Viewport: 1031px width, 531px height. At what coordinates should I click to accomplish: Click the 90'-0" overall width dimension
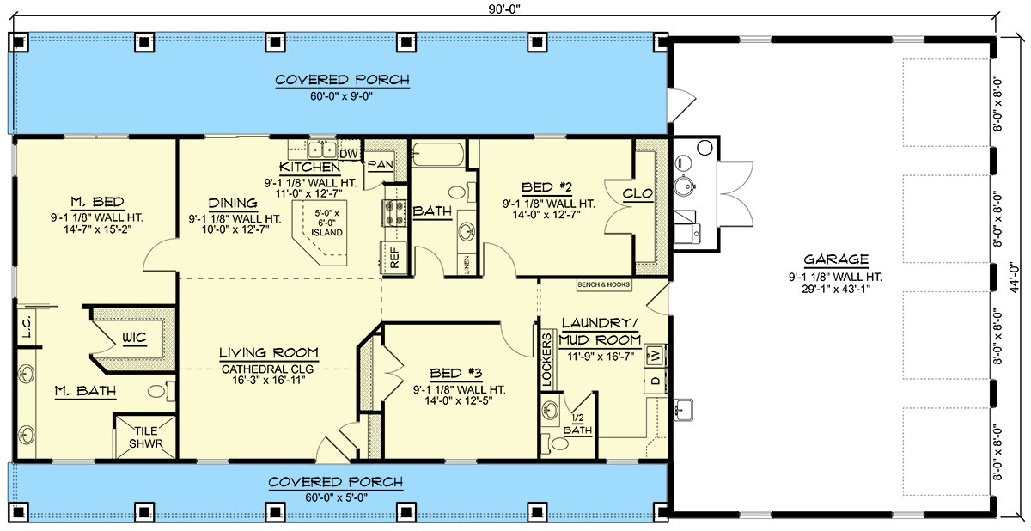point(508,8)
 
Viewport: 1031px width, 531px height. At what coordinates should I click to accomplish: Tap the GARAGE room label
point(836,259)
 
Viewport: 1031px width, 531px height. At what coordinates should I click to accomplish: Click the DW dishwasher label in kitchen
point(348,153)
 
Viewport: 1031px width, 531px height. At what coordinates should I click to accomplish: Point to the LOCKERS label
point(546,357)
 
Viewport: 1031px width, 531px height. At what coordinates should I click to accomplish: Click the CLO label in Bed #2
point(638,194)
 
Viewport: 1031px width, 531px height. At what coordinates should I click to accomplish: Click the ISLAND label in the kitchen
point(326,232)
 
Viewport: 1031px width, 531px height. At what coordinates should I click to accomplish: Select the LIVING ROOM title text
point(269,353)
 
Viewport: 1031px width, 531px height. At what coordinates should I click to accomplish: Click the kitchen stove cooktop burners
point(393,213)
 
